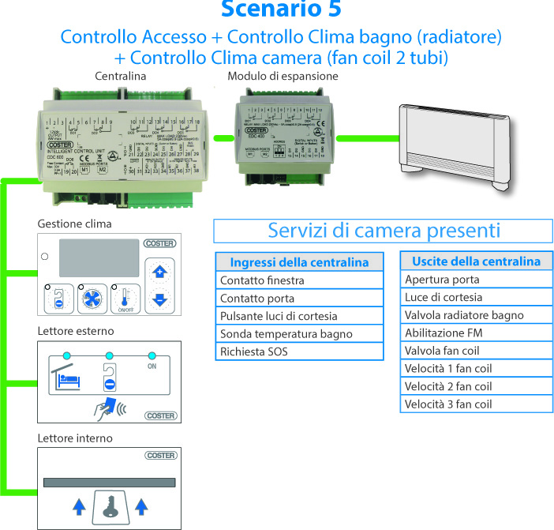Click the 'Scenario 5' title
point(283,10)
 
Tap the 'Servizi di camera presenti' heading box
point(384,231)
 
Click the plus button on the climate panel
point(159,273)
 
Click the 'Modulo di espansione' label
point(283,77)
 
